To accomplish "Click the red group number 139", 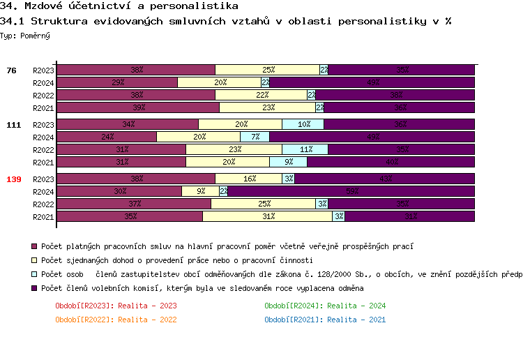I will (14, 179).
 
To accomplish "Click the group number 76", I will (12, 70).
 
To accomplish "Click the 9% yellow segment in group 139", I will (201, 191).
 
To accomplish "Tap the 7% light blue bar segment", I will (255, 137).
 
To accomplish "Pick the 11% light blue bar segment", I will (305, 149).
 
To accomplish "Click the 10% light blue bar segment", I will (303, 125).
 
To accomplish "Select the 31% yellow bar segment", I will (267, 216).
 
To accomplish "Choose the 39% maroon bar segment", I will (138, 107).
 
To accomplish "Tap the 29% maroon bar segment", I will (117, 82).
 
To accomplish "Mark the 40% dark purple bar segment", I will (391, 162).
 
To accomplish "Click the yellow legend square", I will (33, 260).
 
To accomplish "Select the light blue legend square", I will (33, 274).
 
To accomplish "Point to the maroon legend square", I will (33, 246).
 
